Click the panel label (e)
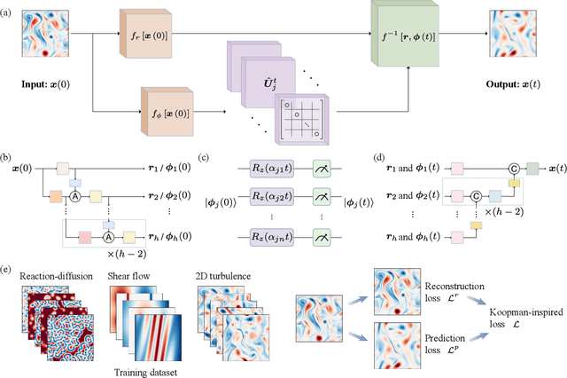8,265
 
